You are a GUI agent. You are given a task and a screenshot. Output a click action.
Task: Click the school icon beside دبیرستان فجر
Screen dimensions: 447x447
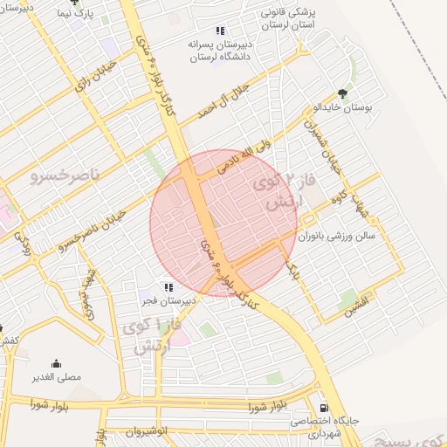click(168, 286)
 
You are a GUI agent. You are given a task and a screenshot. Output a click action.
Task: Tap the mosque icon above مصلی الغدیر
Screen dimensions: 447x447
click(57, 363)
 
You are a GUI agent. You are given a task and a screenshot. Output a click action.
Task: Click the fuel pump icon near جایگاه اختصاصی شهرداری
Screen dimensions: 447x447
click(324, 406)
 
